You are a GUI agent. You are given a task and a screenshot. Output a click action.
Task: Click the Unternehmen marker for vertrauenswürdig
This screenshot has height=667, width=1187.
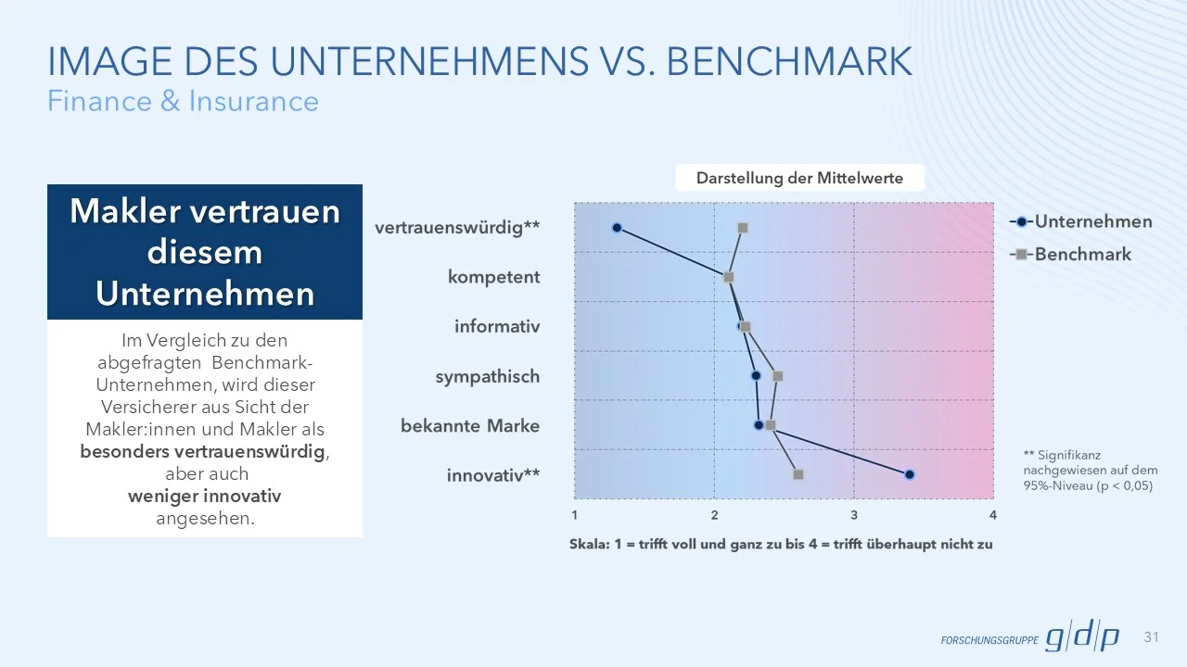(x=617, y=228)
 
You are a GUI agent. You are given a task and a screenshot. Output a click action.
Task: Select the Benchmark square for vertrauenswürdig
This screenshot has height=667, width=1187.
(x=742, y=228)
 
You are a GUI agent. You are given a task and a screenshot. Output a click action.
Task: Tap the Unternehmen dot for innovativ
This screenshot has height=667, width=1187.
(x=910, y=474)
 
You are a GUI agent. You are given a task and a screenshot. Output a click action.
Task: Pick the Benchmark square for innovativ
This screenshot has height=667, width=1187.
(x=798, y=474)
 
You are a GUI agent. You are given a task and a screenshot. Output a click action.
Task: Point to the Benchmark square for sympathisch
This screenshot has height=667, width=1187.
(x=778, y=376)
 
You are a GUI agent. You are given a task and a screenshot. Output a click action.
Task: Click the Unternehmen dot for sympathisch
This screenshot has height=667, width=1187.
(x=756, y=376)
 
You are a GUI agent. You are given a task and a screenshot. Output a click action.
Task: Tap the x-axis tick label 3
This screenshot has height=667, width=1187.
(x=854, y=515)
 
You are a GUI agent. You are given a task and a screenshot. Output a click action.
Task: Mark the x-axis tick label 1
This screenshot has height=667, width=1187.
(x=575, y=515)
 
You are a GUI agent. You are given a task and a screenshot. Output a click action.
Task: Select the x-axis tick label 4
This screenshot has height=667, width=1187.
(x=993, y=515)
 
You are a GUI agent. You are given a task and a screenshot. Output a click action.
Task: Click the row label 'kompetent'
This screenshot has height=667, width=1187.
(x=493, y=277)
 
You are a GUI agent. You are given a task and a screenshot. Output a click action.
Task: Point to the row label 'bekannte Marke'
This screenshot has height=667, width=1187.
(x=470, y=426)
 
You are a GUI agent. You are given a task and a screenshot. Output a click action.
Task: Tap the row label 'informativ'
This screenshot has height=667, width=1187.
(x=497, y=327)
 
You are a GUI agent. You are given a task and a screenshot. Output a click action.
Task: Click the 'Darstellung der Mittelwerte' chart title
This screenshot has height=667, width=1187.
(x=799, y=178)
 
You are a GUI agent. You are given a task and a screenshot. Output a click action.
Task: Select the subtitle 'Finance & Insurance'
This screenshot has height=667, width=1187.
(x=183, y=101)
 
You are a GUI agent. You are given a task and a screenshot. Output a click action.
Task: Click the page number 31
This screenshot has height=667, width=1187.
(x=1153, y=636)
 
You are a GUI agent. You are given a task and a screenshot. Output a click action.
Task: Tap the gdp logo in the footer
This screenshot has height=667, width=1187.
(x=1082, y=637)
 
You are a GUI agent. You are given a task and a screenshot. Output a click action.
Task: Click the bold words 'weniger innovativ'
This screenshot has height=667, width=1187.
(x=204, y=497)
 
